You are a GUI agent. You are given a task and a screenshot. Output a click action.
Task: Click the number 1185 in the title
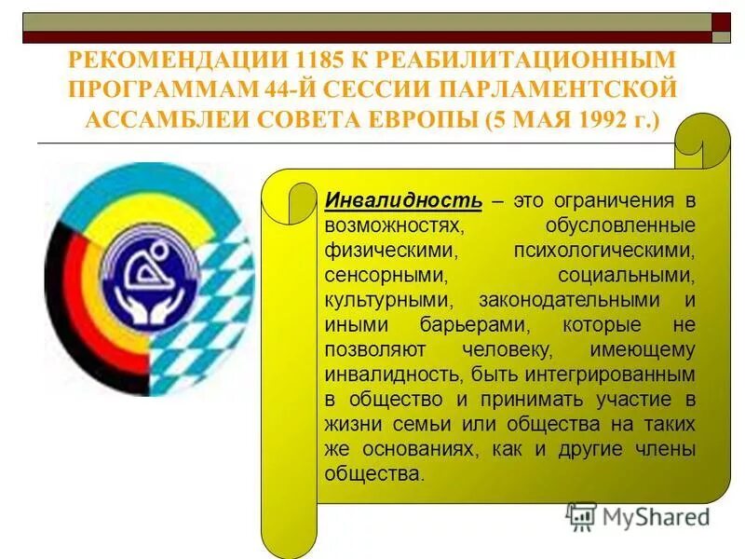point(318,60)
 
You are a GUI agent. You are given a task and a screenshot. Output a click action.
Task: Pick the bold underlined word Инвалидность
point(403,200)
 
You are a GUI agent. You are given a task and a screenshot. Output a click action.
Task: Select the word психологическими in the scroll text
point(604,251)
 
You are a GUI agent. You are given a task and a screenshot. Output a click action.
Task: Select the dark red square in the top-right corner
point(722,21)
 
